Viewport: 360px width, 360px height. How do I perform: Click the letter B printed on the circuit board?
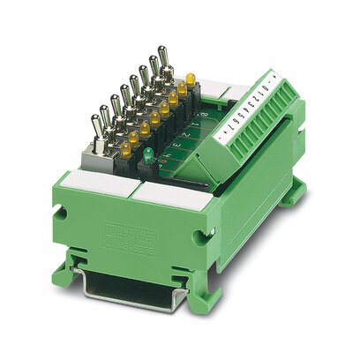204,115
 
